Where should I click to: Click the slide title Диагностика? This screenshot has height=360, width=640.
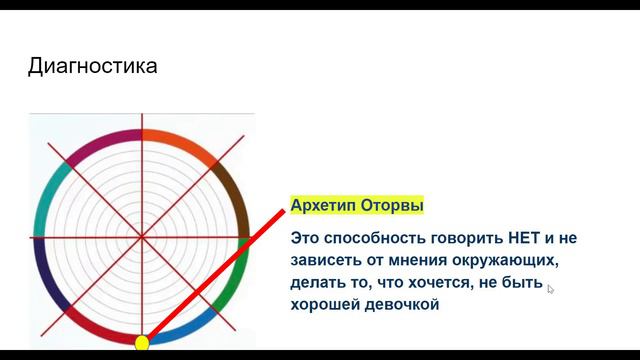pyautogui.click(x=92, y=67)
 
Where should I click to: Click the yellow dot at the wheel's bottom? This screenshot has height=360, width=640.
pyautogui.click(x=142, y=343)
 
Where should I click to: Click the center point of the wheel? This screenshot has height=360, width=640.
pyautogui.click(x=142, y=237)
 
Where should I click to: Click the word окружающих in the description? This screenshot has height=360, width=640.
pyautogui.click(x=500, y=260)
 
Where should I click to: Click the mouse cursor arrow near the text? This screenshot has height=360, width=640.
pyautogui.click(x=551, y=289)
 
